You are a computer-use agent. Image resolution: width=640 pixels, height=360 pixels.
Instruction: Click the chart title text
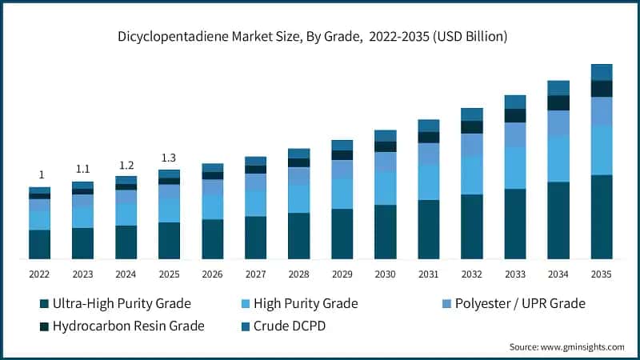pyautogui.click(x=320, y=37)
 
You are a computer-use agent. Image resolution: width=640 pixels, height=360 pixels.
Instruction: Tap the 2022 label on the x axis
pyautogui.click(x=39, y=274)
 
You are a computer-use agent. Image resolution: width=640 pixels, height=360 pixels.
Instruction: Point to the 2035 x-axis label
pyautogui.click(x=601, y=274)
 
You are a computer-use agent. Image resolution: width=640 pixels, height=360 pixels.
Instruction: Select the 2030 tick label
pyautogui.click(x=385, y=274)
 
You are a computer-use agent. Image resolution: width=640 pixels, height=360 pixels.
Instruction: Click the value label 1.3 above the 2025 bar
pyautogui.click(x=169, y=158)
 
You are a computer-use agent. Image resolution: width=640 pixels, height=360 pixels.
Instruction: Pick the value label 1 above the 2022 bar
pyautogui.click(x=40, y=175)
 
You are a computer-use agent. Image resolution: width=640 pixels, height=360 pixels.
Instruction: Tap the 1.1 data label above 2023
pyautogui.click(x=82, y=170)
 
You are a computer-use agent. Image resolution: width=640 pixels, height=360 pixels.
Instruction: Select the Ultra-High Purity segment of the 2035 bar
pyautogui.click(x=601, y=216)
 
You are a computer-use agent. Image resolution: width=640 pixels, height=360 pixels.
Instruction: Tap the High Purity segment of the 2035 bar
pyautogui.click(x=601, y=150)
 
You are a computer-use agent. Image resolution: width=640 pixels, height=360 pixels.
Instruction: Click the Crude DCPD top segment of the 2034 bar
pyautogui.click(x=558, y=87)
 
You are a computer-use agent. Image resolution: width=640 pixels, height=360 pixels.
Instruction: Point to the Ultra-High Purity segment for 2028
pyautogui.click(x=298, y=235)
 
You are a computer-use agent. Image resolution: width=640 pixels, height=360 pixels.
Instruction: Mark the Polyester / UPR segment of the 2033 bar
pyautogui.click(x=514, y=134)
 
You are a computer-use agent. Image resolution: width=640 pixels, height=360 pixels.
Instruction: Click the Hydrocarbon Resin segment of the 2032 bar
pyautogui.click(x=471, y=127)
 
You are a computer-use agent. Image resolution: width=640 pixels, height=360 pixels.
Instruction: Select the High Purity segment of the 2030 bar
pyautogui.click(x=385, y=188)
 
